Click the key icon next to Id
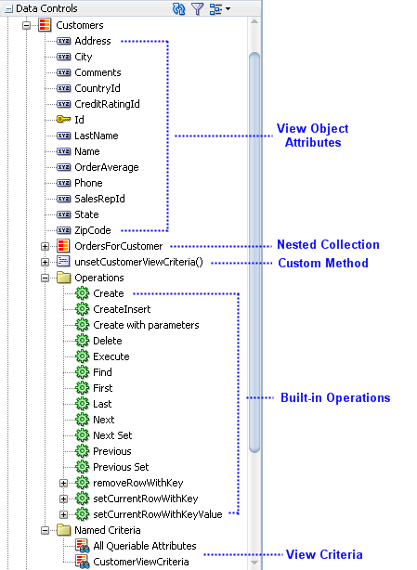point(63,119)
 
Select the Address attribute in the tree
point(93,41)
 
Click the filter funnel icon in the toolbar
point(197,8)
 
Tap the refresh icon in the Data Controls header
point(178,8)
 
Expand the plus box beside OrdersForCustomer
point(45,246)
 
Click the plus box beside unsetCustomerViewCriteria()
point(45,262)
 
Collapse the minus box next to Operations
point(45,278)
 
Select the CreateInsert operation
point(122,309)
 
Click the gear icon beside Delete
point(82,341)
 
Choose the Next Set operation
point(112,435)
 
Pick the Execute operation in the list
point(111,356)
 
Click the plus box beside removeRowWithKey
point(63,483)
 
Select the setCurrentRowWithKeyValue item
point(158,514)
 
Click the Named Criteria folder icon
point(64,530)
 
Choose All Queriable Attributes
point(145,546)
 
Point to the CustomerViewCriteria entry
point(141,562)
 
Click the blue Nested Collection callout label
point(328,245)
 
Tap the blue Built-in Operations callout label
point(335,397)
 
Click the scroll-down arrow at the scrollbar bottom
point(254,563)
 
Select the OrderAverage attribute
point(107,167)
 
